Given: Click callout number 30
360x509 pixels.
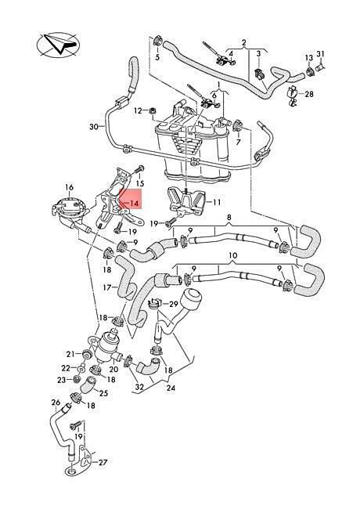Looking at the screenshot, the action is (94, 127).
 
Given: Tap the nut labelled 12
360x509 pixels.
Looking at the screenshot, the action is (152, 111).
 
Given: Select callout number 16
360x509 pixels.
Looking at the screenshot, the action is (70, 187).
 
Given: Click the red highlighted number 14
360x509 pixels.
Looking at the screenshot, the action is (135, 204).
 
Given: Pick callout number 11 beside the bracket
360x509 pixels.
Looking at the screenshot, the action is (217, 202).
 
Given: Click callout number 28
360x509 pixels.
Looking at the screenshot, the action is (309, 94).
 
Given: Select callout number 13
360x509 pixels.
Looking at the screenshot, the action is (309, 57).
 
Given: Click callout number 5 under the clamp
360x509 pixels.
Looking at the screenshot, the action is (157, 58).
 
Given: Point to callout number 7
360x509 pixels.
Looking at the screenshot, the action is (239, 142).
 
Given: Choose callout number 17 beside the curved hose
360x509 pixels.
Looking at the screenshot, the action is (107, 287).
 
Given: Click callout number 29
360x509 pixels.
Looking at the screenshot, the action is (174, 304).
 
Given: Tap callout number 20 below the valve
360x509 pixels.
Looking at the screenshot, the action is (113, 369).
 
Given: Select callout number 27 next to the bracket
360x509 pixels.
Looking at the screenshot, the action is (103, 462).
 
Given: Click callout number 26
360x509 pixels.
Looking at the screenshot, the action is (56, 403).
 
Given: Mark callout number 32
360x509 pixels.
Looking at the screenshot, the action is (139, 387).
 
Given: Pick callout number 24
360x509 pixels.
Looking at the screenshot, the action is (171, 388).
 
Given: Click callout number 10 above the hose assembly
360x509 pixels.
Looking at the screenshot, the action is (233, 255).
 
